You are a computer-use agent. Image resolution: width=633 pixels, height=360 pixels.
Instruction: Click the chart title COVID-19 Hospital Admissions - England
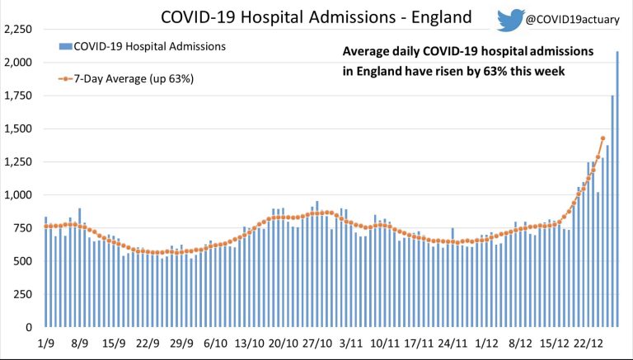[x=317, y=17]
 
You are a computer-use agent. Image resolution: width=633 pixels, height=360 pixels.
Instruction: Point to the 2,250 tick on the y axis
[x=17, y=30]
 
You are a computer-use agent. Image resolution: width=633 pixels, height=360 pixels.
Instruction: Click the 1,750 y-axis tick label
[x=17, y=96]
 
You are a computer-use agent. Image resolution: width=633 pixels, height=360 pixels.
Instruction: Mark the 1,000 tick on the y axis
[x=17, y=195]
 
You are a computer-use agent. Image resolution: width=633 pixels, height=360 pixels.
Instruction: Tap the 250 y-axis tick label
[x=22, y=294]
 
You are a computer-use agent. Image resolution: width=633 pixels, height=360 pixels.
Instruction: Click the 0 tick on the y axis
[x=29, y=328]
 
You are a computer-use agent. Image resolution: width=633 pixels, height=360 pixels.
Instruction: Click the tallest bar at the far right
[x=618, y=189]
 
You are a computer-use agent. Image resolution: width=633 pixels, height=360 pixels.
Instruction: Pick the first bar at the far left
[x=46, y=272]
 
